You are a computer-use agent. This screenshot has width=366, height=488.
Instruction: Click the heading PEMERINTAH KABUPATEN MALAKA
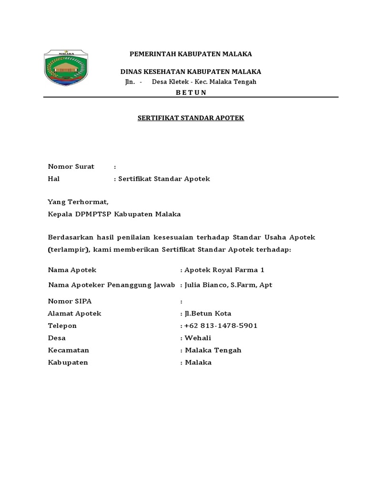(191, 54)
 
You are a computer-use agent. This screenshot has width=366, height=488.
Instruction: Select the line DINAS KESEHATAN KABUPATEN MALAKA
(190, 71)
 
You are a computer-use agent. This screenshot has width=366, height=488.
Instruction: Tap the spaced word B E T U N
(191, 92)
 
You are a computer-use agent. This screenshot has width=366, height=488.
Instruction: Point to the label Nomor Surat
(71, 166)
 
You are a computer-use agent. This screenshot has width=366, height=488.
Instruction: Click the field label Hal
(53, 179)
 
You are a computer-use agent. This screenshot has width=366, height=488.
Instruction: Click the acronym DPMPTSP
(93, 214)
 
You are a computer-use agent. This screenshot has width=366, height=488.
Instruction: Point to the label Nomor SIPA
(70, 301)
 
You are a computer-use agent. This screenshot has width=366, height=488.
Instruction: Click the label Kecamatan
(69, 350)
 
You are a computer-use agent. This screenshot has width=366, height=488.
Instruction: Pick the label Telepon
(62, 325)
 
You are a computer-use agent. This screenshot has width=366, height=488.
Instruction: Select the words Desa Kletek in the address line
(168, 82)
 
